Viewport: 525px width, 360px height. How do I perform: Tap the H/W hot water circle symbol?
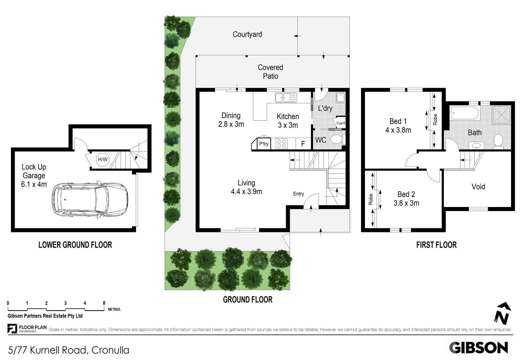(x=103, y=160)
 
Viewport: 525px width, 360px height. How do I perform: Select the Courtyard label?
(x=247, y=34)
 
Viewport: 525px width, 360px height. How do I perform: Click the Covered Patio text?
(x=270, y=72)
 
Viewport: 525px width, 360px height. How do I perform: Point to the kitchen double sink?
(x=286, y=98)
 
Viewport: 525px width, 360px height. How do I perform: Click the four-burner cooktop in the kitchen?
(x=282, y=144)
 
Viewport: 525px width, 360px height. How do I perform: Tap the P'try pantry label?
(x=264, y=144)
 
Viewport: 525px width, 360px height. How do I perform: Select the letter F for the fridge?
(x=303, y=144)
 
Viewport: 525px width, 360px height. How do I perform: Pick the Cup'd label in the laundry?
(x=341, y=123)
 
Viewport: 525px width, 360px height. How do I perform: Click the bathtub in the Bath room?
(x=465, y=113)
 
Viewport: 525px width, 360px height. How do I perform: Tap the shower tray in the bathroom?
(x=501, y=114)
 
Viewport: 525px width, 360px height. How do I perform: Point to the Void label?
(x=478, y=187)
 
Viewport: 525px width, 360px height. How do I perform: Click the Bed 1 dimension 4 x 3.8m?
(x=398, y=130)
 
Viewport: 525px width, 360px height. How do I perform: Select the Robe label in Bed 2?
(x=371, y=199)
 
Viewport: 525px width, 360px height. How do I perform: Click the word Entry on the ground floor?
(x=298, y=194)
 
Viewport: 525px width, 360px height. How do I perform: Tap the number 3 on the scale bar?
(x=65, y=303)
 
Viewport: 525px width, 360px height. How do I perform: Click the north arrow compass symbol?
(x=503, y=313)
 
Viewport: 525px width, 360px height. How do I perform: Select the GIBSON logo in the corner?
(x=478, y=348)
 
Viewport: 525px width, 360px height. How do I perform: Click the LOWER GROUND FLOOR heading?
(x=75, y=245)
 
